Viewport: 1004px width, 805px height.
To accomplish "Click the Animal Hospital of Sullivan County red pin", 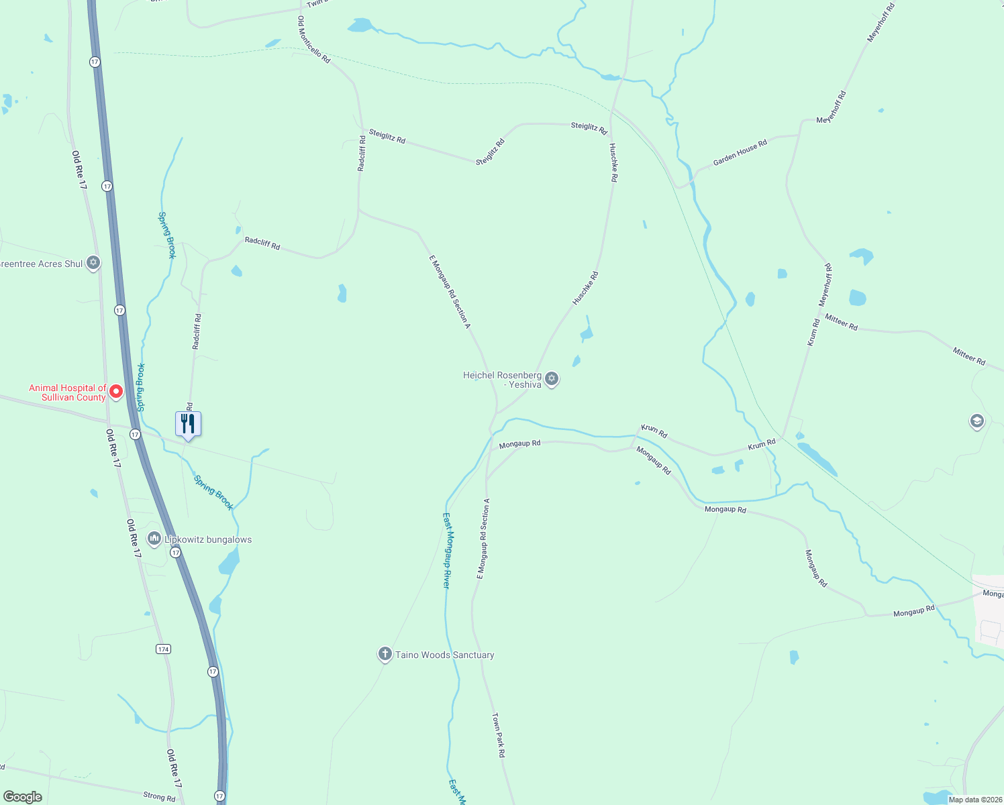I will [116, 391].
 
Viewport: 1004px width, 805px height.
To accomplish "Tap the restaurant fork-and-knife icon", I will [188, 424].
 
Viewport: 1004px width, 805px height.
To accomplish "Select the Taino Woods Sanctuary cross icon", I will [385, 654].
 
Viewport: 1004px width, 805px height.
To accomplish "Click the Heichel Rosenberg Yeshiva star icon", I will [552, 379].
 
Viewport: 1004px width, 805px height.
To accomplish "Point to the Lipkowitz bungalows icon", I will [154, 539].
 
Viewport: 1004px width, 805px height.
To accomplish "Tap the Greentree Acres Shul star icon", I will [93, 263].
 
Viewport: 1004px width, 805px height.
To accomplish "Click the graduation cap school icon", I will [976, 421].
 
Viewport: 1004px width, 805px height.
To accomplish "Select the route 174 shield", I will [163, 649].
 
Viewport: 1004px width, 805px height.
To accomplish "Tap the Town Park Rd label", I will [498, 735].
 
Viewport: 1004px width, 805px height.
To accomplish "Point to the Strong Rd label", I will [159, 796].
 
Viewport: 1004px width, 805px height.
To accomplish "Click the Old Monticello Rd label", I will [314, 40].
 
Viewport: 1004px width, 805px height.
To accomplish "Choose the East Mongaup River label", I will [447, 550].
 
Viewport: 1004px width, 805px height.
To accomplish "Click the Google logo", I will [23, 797].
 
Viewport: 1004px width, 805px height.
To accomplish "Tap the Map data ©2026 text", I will [975, 800].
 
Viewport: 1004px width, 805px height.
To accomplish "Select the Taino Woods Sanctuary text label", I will [444, 655].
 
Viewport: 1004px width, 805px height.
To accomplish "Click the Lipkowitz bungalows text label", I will [208, 539].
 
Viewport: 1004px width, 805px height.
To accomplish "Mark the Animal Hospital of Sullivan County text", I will [67, 392].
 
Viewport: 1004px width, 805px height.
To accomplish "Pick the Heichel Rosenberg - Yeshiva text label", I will [502, 380].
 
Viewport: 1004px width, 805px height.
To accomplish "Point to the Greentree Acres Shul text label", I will [42, 264].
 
